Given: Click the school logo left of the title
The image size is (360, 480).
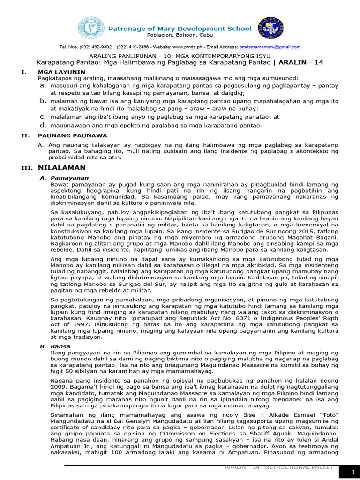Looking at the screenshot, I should [91, 28].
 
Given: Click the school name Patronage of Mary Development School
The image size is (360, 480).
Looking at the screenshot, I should [180, 29].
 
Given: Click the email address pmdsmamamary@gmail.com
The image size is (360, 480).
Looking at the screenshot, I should [270, 47].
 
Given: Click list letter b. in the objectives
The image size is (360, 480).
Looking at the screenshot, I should [43, 101].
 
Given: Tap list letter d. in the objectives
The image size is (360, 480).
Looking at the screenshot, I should [43, 125].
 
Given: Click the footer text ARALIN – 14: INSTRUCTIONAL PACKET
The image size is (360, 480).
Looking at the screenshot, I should [279, 467].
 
